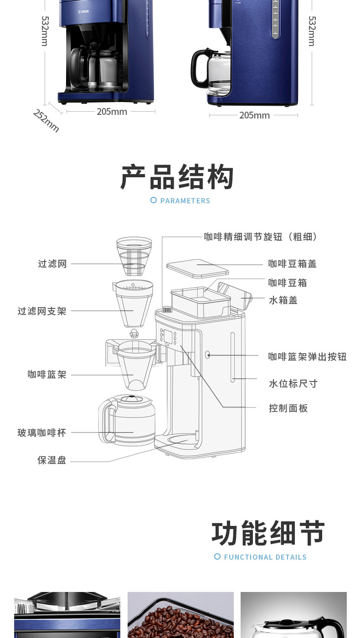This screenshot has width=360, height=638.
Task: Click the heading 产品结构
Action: tap(177, 177)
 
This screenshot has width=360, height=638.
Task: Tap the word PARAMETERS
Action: tap(185, 201)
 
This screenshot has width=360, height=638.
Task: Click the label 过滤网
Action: tap(52, 264)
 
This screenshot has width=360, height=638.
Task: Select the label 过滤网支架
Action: tap(42, 311)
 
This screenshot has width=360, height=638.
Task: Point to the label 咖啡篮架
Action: tap(47, 375)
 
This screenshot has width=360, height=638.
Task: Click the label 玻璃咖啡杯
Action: tap(42, 432)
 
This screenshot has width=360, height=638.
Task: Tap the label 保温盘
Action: tap(52, 460)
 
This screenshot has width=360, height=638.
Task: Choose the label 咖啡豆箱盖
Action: tap(292, 264)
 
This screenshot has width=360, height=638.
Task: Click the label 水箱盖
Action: tap(283, 300)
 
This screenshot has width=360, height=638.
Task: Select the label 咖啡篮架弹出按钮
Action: tap(307, 357)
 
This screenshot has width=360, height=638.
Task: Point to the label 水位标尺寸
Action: tap(293, 384)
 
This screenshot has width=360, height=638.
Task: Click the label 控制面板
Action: tap(288, 408)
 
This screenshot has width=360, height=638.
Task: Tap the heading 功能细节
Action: tap(268, 533)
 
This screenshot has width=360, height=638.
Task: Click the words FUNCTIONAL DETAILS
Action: tap(265, 557)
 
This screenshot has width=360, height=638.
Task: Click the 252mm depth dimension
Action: tap(46, 121)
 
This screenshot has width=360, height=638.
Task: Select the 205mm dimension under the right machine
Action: tap(254, 115)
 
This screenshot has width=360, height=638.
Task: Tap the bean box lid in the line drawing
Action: tap(197, 268)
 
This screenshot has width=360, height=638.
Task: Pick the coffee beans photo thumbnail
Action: tap(180, 615)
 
